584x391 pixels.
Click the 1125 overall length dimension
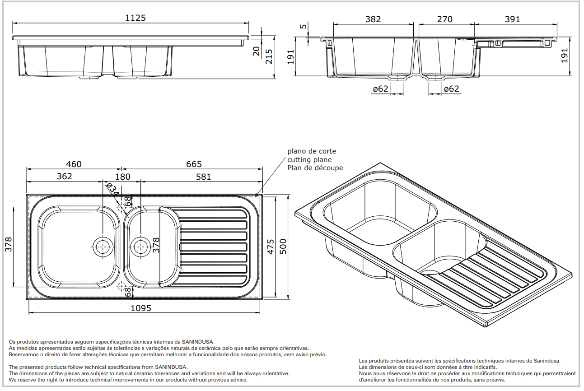(x=135, y=18)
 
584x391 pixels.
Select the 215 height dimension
(x=269, y=56)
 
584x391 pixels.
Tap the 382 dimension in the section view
(x=373, y=19)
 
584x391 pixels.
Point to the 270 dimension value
(x=445, y=19)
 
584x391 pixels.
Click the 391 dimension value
(x=512, y=19)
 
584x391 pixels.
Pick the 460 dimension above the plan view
(x=73, y=164)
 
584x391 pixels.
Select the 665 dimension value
(x=193, y=164)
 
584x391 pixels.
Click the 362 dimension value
(x=64, y=176)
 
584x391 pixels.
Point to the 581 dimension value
(x=203, y=177)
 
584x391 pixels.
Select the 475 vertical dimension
(x=271, y=247)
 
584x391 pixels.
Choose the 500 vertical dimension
(x=284, y=247)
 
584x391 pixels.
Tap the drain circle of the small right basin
(x=140, y=246)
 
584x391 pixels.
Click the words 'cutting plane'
(x=309, y=159)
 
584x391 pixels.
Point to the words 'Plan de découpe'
(x=315, y=168)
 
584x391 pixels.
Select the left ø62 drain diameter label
(x=381, y=89)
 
